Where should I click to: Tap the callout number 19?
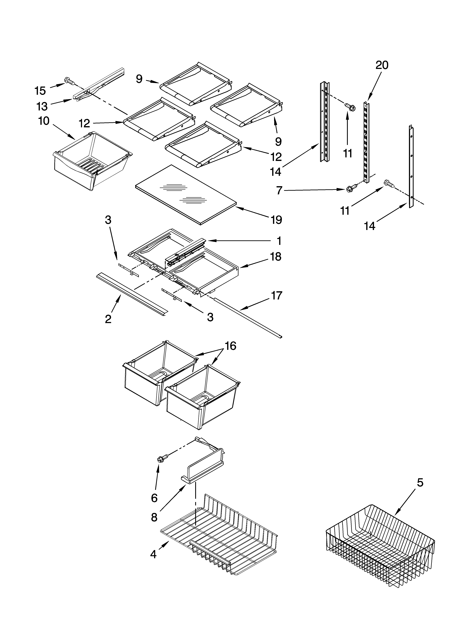(x=276, y=220)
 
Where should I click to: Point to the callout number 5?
(x=420, y=483)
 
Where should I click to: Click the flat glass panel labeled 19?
(x=185, y=195)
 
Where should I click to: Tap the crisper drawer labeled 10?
(x=92, y=161)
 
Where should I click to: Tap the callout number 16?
(x=230, y=346)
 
